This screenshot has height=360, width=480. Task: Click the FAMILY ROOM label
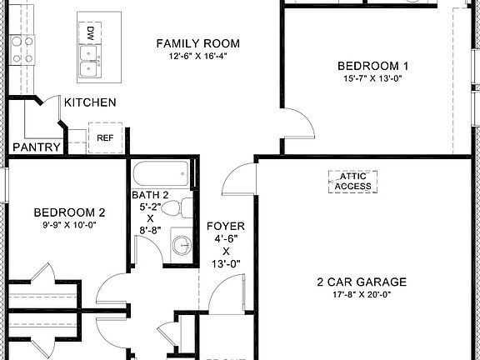pyautogui.click(x=197, y=43)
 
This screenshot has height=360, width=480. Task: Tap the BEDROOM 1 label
pyautogui.click(x=372, y=67)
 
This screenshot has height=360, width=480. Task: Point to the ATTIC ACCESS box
pyautogui.click(x=353, y=182)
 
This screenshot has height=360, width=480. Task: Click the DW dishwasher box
pyautogui.click(x=89, y=33)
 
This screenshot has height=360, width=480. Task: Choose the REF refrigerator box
pyautogui.click(x=105, y=137)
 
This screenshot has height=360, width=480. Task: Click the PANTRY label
pyautogui.click(x=36, y=147)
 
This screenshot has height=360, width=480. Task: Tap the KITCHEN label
pyautogui.click(x=90, y=102)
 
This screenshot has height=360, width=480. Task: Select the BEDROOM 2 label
pyautogui.click(x=69, y=212)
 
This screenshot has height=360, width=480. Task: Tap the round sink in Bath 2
pyautogui.click(x=181, y=246)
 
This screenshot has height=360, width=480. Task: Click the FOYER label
pyautogui.click(x=226, y=225)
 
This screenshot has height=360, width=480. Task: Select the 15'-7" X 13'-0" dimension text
pyautogui.click(x=372, y=79)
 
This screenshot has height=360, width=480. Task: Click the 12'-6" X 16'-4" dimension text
pyautogui.click(x=197, y=56)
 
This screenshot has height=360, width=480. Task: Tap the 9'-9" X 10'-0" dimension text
pyautogui.click(x=69, y=224)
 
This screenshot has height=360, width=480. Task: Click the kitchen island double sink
pyautogui.click(x=88, y=59)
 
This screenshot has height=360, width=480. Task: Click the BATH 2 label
pyautogui.click(x=151, y=195)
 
